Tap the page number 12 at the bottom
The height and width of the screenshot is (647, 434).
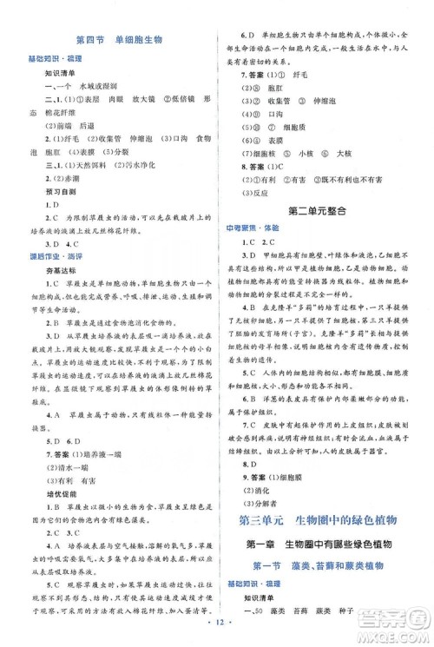click(x=217, y=635)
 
